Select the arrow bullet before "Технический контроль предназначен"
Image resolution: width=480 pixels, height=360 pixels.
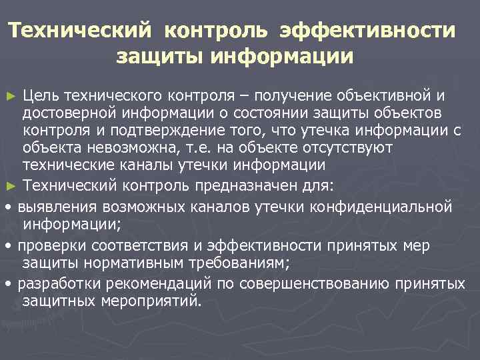10,183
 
